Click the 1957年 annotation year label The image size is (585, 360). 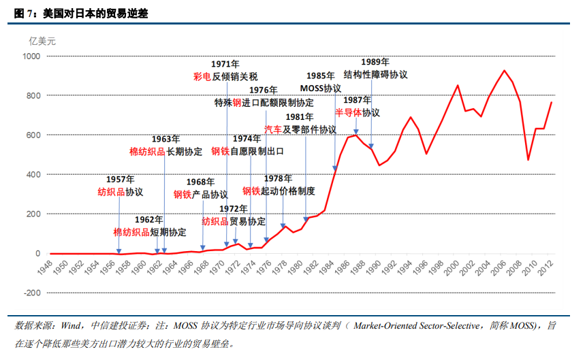coord(120,179)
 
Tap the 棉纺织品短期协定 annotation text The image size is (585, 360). coord(149,232)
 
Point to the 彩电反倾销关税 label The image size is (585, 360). coord(225,77)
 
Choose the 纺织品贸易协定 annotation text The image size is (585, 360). coord(234,221)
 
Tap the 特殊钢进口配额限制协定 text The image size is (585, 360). coord(264,103)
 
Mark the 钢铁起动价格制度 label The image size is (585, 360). coord(279,191)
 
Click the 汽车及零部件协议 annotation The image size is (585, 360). coord(300,129)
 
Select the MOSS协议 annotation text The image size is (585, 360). coord(321,88)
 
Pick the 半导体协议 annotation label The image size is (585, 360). coord(358,112)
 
